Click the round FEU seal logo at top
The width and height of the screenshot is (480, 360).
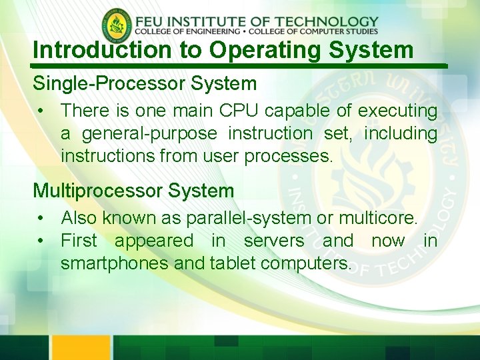tap(117, 26)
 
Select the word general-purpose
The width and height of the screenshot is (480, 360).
tap(149, 133)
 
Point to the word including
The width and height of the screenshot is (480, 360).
tap(400, 133)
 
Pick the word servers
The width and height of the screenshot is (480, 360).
tap(273, 241)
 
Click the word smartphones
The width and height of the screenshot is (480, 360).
tap(114, 263)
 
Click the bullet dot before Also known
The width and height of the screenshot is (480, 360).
tap(41, 218)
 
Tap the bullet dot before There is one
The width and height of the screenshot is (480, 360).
tap(41, 111)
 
